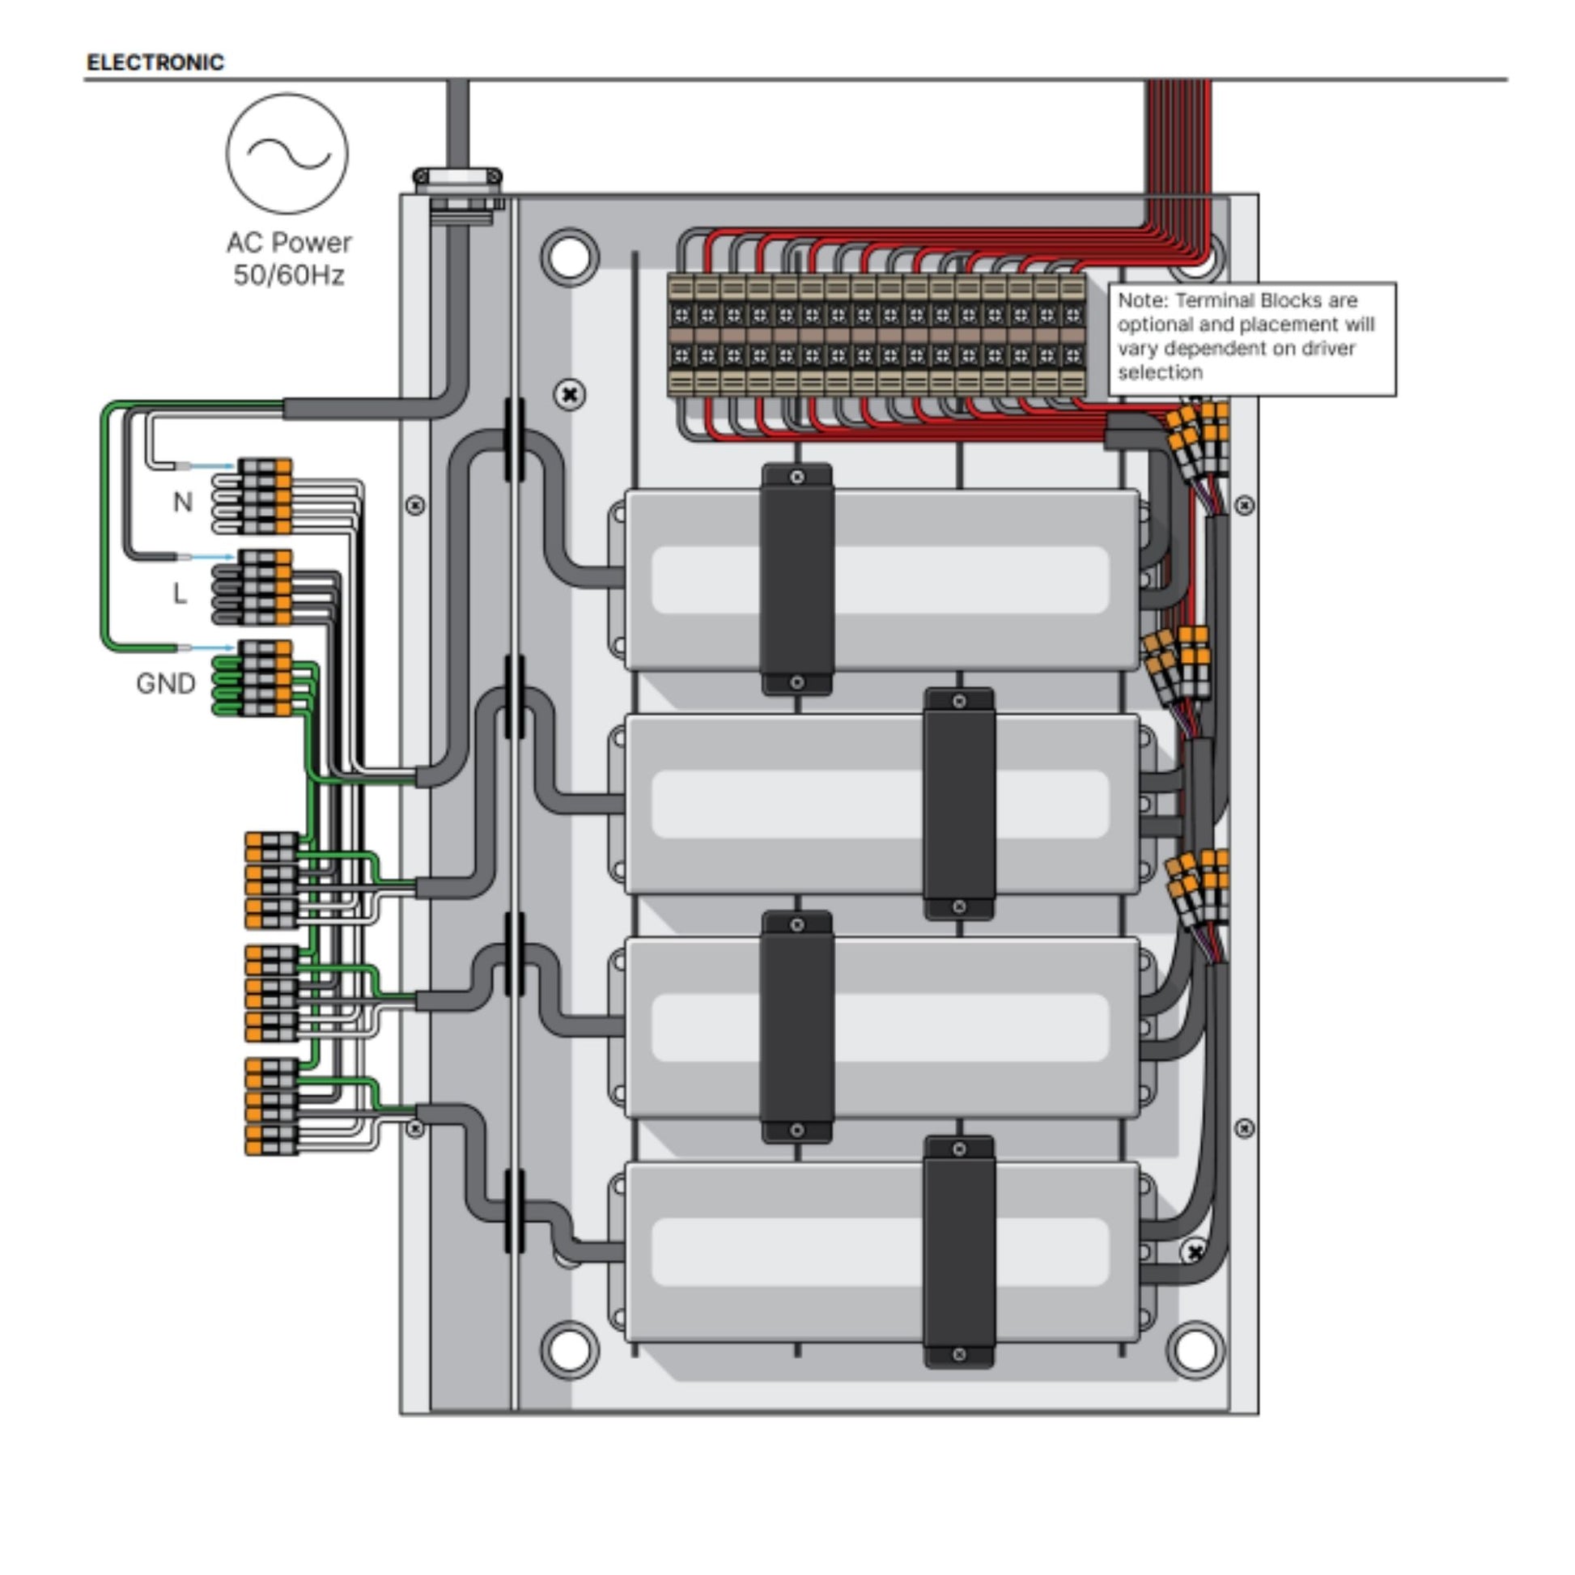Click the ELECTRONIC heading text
155,63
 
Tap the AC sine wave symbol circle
287,153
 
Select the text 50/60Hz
289,275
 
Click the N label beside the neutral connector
184,502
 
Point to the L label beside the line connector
180,593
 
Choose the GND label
165,683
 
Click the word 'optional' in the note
1148,325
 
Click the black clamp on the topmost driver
796,579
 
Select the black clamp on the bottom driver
960,1252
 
